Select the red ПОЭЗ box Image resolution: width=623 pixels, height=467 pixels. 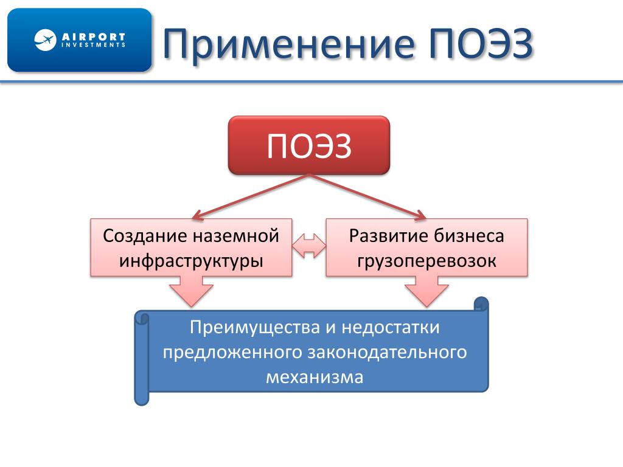[x=308, y=146]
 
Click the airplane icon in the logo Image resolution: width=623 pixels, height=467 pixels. [x=45, y=40]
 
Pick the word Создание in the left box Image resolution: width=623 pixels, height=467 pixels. [x=144, y=236]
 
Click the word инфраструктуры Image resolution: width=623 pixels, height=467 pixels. [x=191, y=261]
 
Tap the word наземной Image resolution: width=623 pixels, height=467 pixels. [x=236, y=236]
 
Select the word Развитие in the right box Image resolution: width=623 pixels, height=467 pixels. [x=388, y=236]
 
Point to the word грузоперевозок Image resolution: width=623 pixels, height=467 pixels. [x=426, y=261]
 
